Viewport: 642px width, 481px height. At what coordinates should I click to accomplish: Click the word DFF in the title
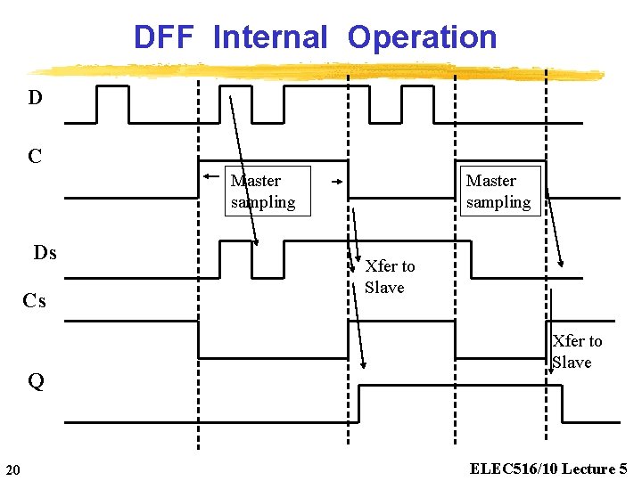tap(168, 37)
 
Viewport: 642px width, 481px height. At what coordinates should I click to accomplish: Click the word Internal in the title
tap(270, 37)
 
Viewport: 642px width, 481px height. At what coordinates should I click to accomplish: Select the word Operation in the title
tap(422, 37)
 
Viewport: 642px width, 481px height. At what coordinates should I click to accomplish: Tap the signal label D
tap(35, 98)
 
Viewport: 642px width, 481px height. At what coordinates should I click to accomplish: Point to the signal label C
tap(35, 157)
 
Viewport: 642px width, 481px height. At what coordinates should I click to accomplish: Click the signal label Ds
tap(45, 253)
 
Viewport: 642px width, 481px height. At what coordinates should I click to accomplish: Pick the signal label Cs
tap(35, 301)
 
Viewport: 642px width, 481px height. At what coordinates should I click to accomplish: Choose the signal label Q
tap(36, 382)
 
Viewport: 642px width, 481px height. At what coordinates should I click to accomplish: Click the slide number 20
tap(12, 469)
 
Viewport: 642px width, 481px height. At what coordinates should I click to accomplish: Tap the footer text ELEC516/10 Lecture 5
tap(548, 469)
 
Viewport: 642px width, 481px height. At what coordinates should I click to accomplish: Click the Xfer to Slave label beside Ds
tap(389, 277)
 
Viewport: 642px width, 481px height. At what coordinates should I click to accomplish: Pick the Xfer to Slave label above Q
tap(577, 352)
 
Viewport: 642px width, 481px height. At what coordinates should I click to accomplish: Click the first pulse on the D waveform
tap(112, 103)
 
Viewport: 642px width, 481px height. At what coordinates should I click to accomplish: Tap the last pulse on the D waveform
tap(417, 103)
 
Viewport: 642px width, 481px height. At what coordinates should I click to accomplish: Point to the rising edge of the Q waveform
tap(358, 403)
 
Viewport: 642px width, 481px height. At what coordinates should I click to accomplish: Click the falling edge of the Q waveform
tap(562, 403)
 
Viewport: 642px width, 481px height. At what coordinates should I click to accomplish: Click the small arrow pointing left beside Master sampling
tap(210, 176)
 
